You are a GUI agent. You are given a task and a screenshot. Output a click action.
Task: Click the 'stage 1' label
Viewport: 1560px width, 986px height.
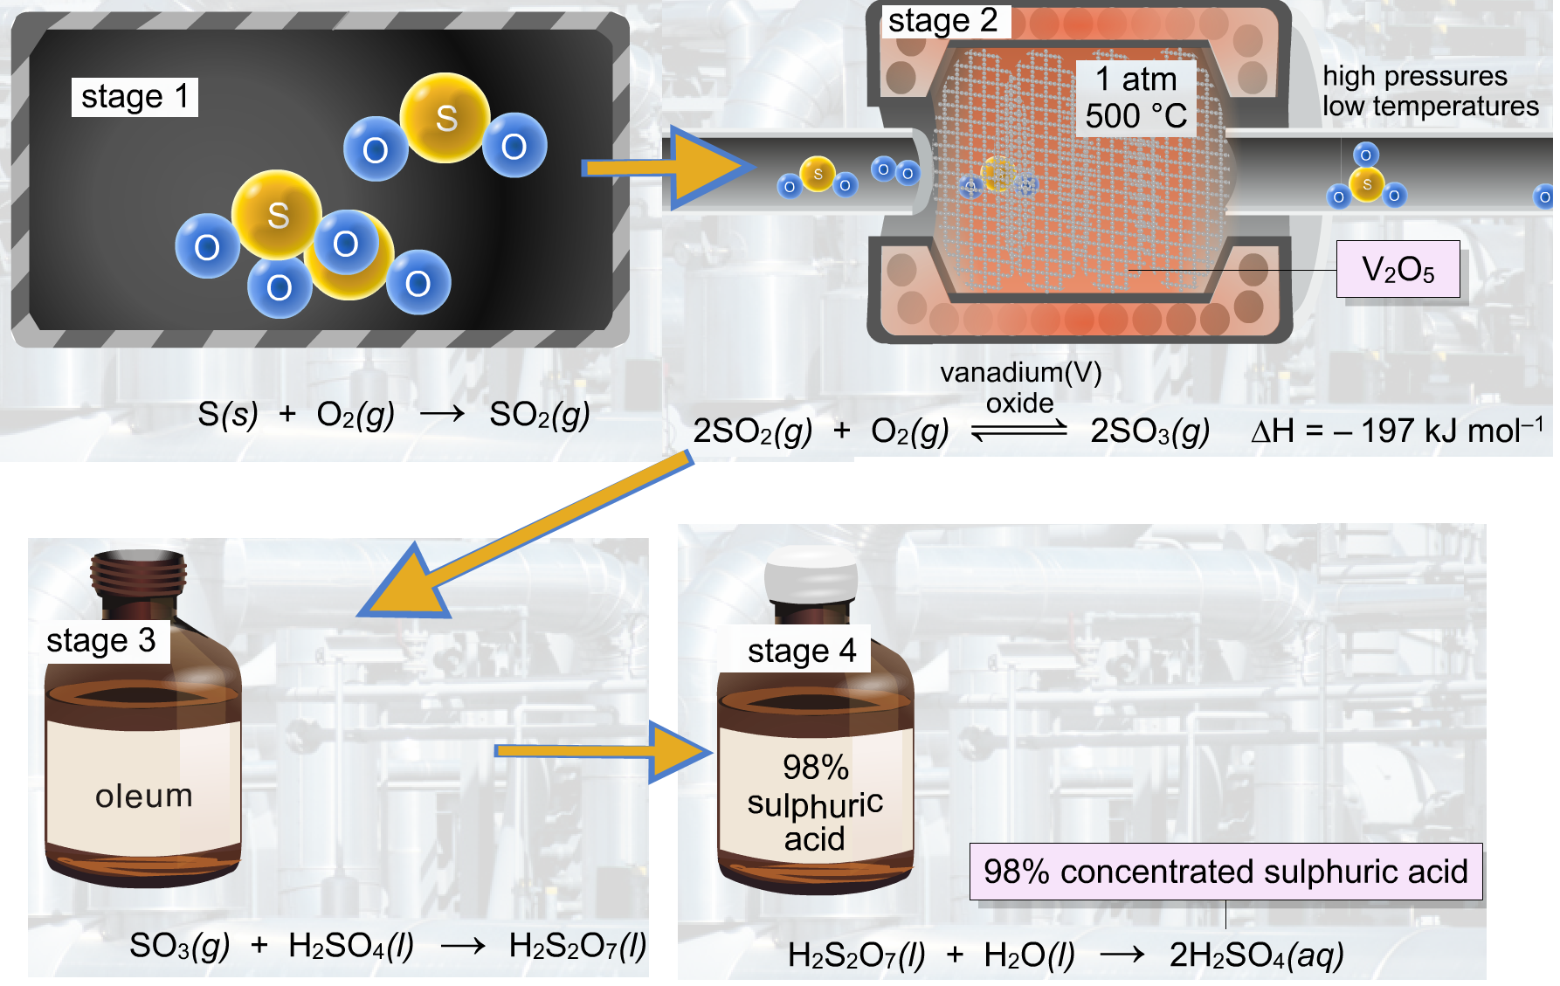coord(135,97)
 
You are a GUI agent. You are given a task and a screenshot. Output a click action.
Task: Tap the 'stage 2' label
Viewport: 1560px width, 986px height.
coord(944,20)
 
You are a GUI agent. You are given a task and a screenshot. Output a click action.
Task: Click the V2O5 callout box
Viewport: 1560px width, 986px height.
coord(1398,269)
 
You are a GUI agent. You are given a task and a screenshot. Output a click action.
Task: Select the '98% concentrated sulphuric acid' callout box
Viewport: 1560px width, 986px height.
coord(1225,872)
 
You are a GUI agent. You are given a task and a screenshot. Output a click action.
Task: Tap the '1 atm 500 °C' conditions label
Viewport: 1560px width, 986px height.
coord(1135,98)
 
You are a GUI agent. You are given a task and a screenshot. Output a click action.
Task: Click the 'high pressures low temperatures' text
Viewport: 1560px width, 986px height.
coord(1430,91)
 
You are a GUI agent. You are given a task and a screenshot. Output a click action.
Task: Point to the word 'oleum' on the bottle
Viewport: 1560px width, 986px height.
coord(144,796)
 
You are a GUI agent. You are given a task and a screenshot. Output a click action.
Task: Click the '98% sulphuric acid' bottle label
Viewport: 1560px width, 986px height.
coord(816,803)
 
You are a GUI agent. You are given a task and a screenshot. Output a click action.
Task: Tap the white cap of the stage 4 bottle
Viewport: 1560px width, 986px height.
coord(811,574)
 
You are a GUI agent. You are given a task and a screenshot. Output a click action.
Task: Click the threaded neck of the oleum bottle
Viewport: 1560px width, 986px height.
coord(139,573)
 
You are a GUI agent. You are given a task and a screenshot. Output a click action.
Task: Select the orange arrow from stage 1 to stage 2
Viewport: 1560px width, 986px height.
coord(668,168)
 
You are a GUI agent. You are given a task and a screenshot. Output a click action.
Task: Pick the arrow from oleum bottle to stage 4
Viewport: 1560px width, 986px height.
coord(604,751)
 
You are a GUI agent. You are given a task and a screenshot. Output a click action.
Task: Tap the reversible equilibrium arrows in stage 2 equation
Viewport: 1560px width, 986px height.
coord(1019,430)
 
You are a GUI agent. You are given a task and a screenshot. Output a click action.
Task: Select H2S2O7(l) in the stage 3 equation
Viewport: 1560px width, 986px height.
coord(577,945)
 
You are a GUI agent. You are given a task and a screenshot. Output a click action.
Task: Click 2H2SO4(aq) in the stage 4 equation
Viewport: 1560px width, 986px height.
coord(1256,955)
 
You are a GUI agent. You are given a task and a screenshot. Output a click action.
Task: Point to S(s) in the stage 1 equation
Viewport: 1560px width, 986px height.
coord(228,414)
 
